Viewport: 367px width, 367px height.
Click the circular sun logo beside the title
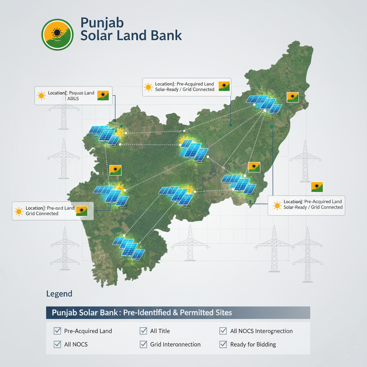57,34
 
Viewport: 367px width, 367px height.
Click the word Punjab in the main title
102,23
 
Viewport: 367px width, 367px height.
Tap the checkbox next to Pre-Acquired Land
57,331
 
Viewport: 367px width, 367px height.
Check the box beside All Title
143,331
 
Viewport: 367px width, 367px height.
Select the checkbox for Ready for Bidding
223,344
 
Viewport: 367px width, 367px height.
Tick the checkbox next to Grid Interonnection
143,344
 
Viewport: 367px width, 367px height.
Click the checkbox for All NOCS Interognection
223,331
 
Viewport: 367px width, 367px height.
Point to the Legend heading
59,294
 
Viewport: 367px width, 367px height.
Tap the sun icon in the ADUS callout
42,95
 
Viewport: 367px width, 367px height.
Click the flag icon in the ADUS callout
103,95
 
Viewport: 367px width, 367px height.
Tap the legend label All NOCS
76,344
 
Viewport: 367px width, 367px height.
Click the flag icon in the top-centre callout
224,86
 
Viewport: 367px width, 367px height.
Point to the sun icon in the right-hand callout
277,205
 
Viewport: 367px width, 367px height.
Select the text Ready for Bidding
253,344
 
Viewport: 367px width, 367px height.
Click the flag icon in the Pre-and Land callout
82,211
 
